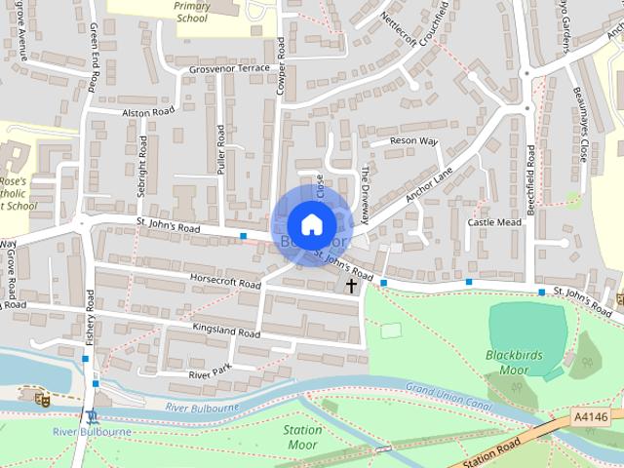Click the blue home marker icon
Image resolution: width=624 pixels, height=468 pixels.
[x=311, y=224]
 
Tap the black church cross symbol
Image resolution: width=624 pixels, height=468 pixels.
[x=351, y=285]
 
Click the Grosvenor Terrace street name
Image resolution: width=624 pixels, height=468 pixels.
[x=229, y=70]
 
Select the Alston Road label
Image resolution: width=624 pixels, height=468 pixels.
[x=148, y=112]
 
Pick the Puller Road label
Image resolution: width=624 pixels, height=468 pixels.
[x=221, y=152]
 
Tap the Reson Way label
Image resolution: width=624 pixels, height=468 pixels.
[x=413, y=141]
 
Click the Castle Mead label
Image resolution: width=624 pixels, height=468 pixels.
[x=494, y=222]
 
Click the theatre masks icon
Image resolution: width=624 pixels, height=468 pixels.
[x=42, y=399]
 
